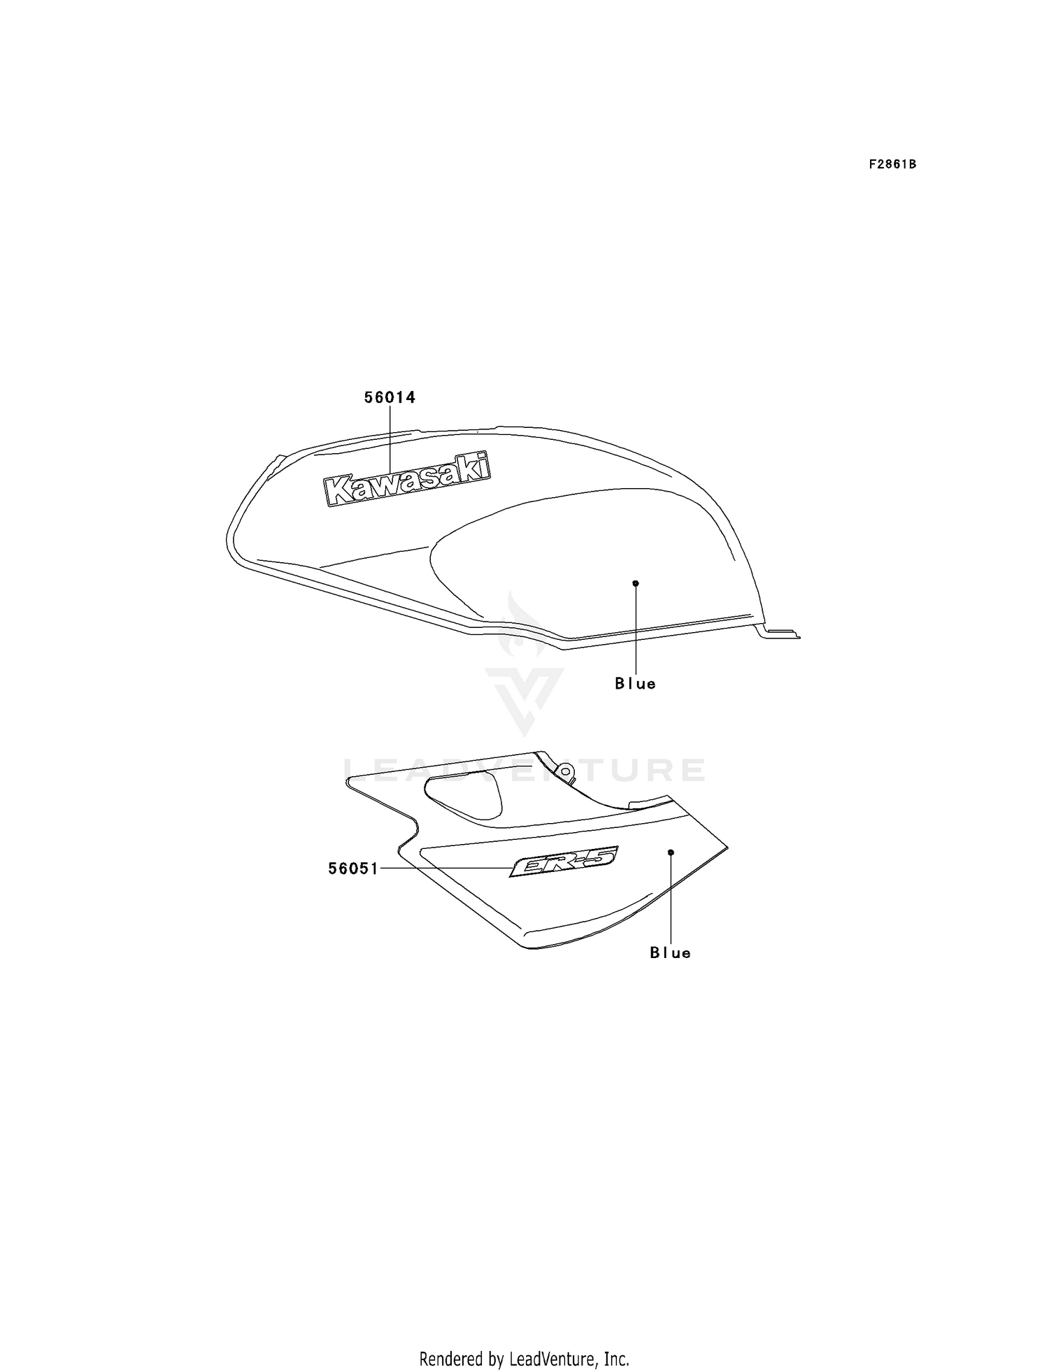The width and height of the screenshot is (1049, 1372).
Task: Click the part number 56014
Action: (x=390, y=397)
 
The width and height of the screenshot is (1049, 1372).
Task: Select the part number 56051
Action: (x=353, y=869)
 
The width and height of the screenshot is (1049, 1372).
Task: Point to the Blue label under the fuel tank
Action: (x=636, y=684)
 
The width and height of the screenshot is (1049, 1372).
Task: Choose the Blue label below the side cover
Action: (x=671, y=953)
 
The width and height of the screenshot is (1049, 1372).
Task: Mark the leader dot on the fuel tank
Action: (x=636, y=583)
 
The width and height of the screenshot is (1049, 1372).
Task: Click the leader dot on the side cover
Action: (x=671, y=852)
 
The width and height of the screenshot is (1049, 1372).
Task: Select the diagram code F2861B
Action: (x=892, y=165)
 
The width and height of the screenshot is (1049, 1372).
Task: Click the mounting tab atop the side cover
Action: (x=565, y=771)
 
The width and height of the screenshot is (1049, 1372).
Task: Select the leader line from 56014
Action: (x=390, y=441)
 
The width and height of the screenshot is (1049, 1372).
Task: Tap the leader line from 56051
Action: (x=445, y=869)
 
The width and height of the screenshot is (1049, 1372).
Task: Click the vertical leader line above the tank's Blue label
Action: (x=636, y=629)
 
